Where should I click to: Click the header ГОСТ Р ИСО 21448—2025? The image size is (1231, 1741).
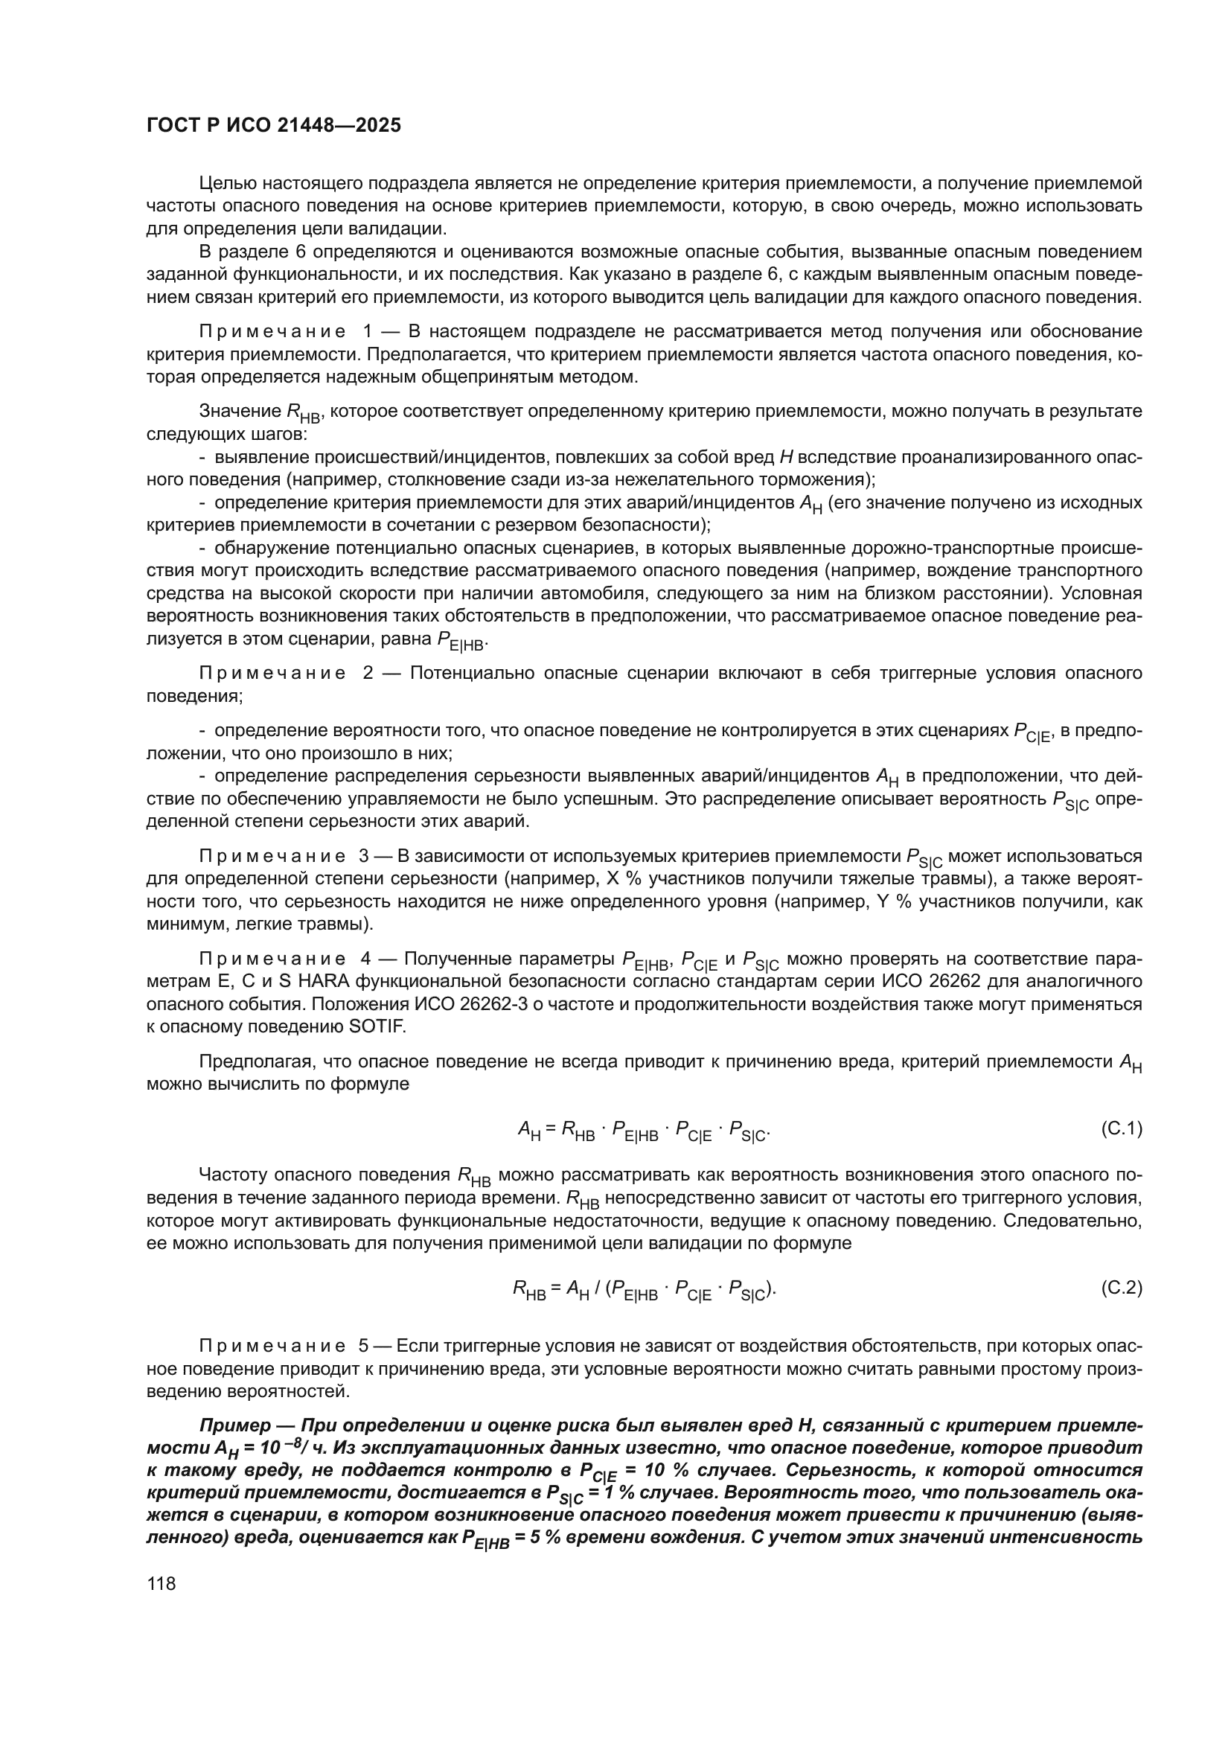click(x=274, y=126)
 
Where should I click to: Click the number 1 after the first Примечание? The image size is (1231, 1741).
click(x=368, y=331)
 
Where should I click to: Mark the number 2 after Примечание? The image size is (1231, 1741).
click(x=368, y=673)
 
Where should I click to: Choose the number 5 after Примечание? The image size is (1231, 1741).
click(x=364, y=1346)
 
